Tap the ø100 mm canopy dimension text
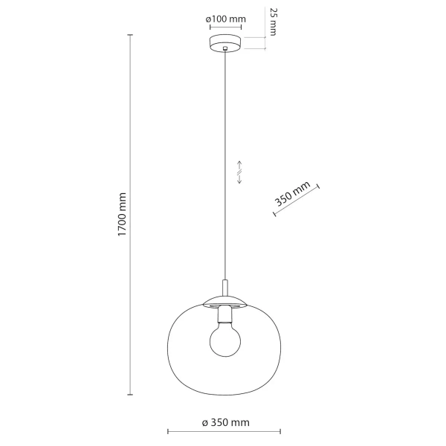[226, 19]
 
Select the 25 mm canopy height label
[273, 23]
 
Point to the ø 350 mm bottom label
[225, 423]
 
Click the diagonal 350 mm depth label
[292, 195]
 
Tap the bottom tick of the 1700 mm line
[132, 395]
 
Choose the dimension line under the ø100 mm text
[226, 28]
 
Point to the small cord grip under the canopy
[226, 51]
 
